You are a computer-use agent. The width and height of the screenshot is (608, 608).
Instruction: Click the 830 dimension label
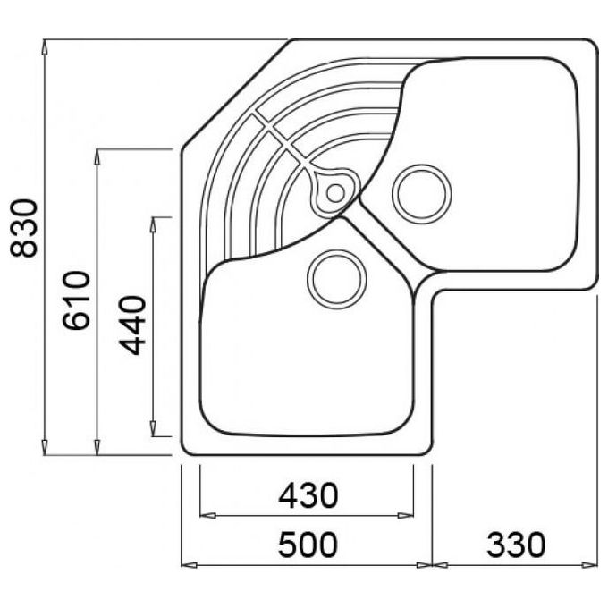24,228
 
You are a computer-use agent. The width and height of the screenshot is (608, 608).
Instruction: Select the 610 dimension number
76,300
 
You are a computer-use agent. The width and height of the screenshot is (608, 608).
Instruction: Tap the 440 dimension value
132,325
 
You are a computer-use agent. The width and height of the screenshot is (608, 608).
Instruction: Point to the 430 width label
308,495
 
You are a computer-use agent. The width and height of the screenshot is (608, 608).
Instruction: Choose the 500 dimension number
308,545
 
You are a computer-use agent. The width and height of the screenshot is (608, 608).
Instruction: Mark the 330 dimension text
516,545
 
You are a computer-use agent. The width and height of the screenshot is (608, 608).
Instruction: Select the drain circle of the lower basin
336,279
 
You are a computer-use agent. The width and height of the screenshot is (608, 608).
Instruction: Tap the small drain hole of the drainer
335,193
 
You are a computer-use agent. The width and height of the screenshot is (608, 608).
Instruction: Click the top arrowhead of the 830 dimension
45,46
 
